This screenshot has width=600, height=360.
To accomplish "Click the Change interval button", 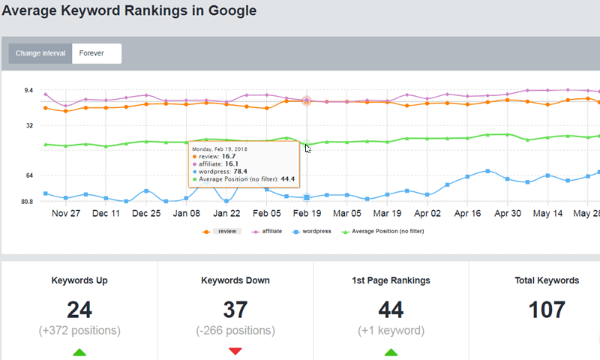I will [40, 54].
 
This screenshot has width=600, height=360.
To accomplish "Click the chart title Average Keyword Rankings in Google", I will [128, 11].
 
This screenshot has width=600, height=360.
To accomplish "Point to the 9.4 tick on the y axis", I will [28, 91].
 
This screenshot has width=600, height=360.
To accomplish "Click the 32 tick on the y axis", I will [29, 126].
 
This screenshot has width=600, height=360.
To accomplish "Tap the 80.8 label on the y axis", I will [26, 202].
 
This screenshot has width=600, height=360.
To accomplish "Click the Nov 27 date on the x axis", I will [65, 213].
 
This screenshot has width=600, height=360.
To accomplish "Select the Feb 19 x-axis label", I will [307, 213].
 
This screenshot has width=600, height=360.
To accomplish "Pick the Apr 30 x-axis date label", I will [507, 213].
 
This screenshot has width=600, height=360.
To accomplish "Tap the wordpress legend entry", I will [316, 232].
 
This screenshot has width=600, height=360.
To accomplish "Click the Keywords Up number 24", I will [79, 309].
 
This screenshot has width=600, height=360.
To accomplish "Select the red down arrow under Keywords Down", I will [235, 351].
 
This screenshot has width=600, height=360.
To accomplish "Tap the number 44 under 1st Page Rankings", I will [391, 309].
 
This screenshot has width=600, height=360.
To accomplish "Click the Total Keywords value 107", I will [547, 309].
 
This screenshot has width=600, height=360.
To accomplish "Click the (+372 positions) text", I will [79, 331].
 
